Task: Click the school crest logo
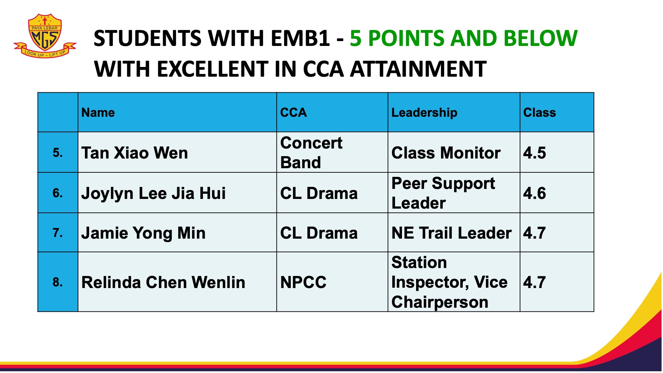click(45, 36)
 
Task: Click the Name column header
click(98, 113)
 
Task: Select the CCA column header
click(294, 113)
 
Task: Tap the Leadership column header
click(424, 113)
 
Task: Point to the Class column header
click(540, 113)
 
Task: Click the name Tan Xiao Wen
click(135, 153)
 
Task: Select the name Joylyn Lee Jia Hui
click(154, 193)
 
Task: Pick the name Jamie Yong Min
click(144, 233)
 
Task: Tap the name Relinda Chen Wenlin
click(163, 282)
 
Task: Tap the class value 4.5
click(535, 153)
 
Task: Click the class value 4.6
click(535, 193)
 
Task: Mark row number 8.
click(58, 282)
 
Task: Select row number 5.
click(58, 153)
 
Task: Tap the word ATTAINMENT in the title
click(419, 69)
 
